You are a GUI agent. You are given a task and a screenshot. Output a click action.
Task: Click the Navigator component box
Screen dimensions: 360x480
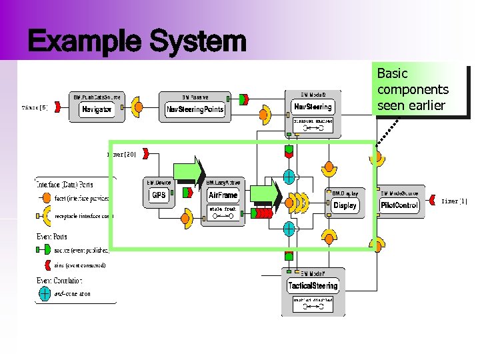coord(97,109)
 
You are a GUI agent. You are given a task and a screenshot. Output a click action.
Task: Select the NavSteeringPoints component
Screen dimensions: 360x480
coord(195,109)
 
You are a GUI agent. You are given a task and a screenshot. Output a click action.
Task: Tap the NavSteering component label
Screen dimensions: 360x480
coord(313,107)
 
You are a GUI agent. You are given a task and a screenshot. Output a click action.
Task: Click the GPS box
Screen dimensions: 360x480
coord(159,195)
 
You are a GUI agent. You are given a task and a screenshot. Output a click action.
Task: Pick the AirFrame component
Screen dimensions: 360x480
coord(223,195)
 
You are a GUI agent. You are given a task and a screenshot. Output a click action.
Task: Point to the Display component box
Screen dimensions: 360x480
coord(345,205)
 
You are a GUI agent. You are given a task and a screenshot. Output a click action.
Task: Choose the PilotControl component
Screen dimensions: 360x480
coord(399,205)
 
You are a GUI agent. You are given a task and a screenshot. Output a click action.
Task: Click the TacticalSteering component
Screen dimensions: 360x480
coord(313,286)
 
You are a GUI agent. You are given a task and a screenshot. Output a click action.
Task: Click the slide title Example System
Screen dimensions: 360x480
coord(137,42)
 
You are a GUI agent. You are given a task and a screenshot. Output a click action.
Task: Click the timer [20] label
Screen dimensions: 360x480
coord(122,154)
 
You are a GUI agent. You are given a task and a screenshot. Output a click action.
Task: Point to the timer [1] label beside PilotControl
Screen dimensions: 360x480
coord(454,200)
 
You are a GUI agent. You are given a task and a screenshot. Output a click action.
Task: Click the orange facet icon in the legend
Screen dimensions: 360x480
coord(45,198)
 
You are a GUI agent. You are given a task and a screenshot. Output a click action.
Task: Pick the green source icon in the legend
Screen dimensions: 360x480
coord(45,250)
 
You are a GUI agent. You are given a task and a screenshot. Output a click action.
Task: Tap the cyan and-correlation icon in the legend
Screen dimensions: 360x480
coord(45,292)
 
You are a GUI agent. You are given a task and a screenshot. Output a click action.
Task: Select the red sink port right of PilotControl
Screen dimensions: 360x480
coord(433,200)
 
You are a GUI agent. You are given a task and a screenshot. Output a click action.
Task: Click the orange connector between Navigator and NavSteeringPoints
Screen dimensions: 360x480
coord(138,107)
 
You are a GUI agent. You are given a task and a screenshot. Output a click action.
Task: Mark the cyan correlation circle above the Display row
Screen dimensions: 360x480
coord(289,177)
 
